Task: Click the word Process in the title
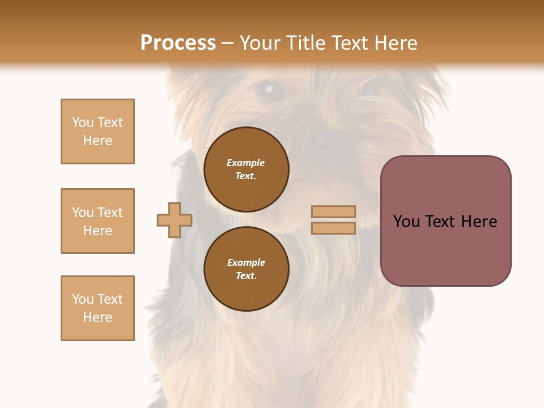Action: tap(178, 43)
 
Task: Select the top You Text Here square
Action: tap(97, 131)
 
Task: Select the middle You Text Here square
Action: tap(97, 221)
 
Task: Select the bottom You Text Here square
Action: tap(97, 308)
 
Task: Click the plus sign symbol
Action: tap(175, 220)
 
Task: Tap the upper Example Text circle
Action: tap(246, 169)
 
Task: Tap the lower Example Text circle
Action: tap(246, 269)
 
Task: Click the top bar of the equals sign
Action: tap(334, 211)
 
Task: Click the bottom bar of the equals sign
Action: tap(334, 228)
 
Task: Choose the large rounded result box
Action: tap(445, 221)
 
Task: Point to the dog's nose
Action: tap(321, 143)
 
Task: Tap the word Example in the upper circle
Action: tap(246, 163)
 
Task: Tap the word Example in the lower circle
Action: tap(246, 262)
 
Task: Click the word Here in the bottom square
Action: tap(97, 317)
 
